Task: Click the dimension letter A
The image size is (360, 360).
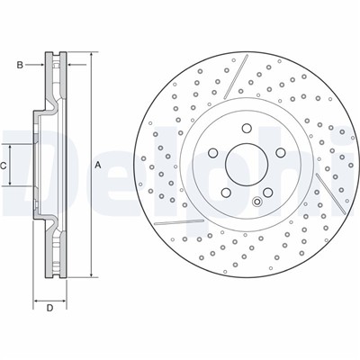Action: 97,165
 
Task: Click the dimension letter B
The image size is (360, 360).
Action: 20,65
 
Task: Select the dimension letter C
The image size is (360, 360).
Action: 3,166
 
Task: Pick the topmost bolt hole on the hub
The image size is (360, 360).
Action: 247,129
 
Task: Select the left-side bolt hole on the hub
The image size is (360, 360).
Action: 212,153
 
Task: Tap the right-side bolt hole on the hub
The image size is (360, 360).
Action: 281,153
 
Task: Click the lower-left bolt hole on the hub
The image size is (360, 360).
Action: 225,193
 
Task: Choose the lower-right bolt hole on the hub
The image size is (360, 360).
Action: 267,193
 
